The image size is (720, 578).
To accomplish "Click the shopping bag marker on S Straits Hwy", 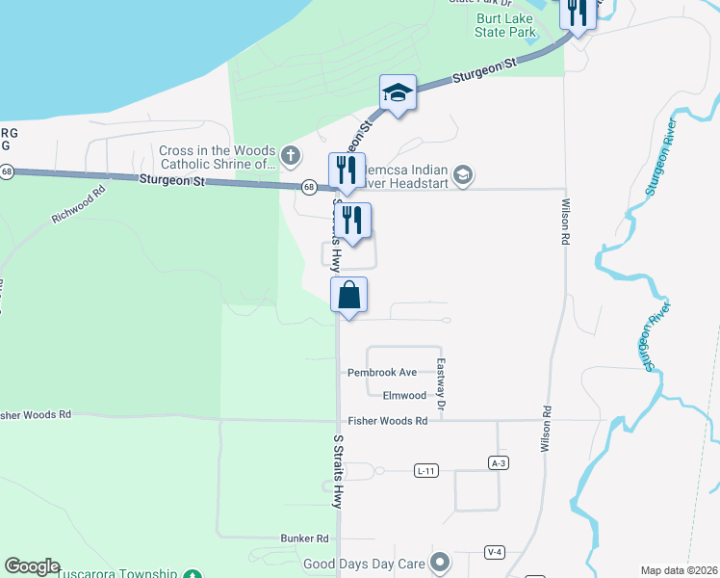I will pyautogui.click(x=349, y=295).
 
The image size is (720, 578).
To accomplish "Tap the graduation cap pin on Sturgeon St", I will pyautogui.click(x=398, y=92).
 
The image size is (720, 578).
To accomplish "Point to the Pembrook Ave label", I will pyautogui.click(x=381, y=372).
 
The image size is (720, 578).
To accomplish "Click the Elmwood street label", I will pyautogui.click(x=404, y=396).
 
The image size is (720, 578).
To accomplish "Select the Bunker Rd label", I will pyautogui.click(x=304, y=539).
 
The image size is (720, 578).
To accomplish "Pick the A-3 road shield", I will pyautogui.click(x=498, y=462).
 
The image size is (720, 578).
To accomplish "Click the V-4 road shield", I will pyautogui.click(x=495, y=552).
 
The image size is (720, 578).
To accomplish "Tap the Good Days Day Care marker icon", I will pyautogui.click(x=440, y=561).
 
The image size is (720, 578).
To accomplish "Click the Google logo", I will pyautogui.click(x=32, y=566).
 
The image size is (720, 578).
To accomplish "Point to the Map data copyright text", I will pyautogui.click(x=680, y=570).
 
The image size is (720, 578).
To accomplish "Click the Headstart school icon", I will pyautogui.click(x=463, y=174).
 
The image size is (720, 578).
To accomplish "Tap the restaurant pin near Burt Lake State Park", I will pyautogui.click(x=577, y=13).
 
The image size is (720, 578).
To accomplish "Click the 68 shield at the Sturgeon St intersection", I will pyautogui.click(x=308, y=187).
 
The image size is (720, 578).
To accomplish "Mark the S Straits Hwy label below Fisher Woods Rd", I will pyautogui.click(x=338, y=471).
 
